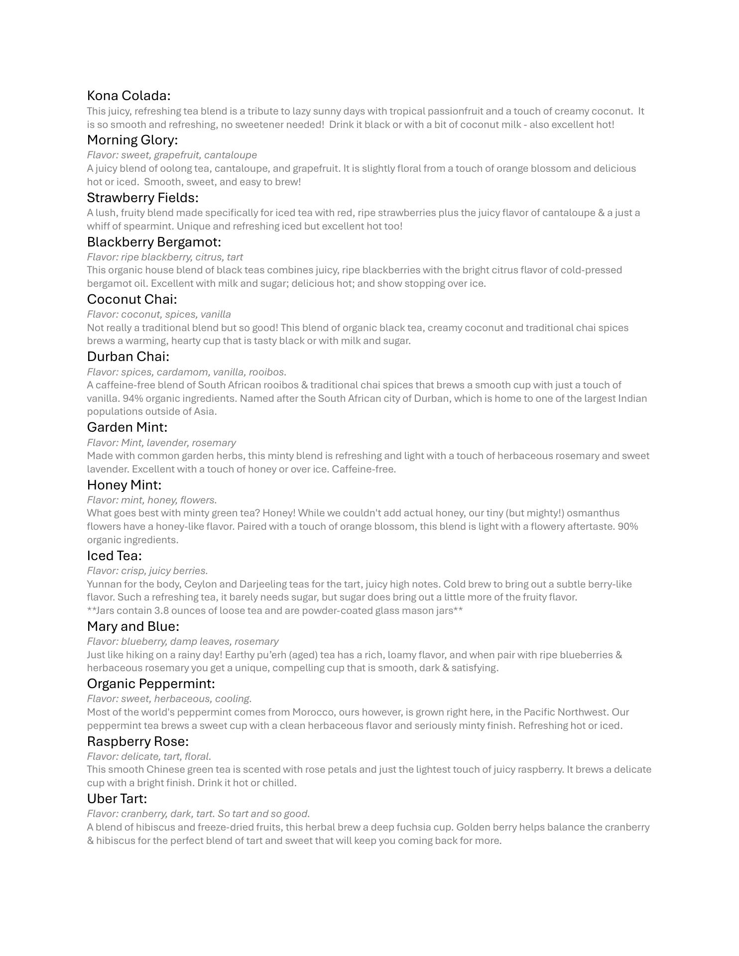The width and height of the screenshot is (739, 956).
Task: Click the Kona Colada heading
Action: pos(128,96)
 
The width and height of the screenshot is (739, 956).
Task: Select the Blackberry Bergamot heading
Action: pos(154,242)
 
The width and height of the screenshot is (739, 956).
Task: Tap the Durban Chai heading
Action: pos(128,357)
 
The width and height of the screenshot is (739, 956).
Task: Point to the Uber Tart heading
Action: pos(117,799)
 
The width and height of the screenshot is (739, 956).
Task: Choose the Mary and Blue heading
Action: pos(133,626)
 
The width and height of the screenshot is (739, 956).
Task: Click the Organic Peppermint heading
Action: pos(151,684)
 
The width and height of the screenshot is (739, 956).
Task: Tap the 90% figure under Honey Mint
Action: pos(628,526)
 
